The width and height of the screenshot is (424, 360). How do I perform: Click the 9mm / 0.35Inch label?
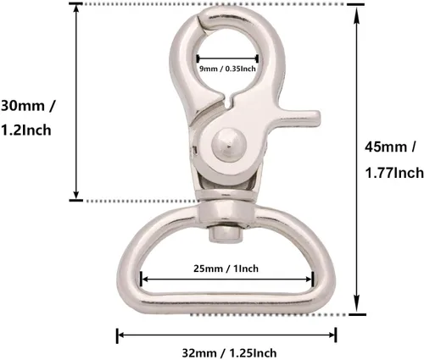click(227, 69)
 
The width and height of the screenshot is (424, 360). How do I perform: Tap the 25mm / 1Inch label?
click(226, 269)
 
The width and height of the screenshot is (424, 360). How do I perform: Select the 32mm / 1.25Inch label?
click(229, 353)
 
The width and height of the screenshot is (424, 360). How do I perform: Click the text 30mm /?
click(28, 106)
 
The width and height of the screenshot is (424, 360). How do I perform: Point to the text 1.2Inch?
click(26, 130)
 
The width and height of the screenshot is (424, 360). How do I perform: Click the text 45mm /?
click(390, 147)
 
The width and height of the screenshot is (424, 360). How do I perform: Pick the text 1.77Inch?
click(394, 173)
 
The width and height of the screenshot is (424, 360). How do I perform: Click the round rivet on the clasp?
click(229, 146)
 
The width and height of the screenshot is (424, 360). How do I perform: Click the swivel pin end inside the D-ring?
click(226, 234)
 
